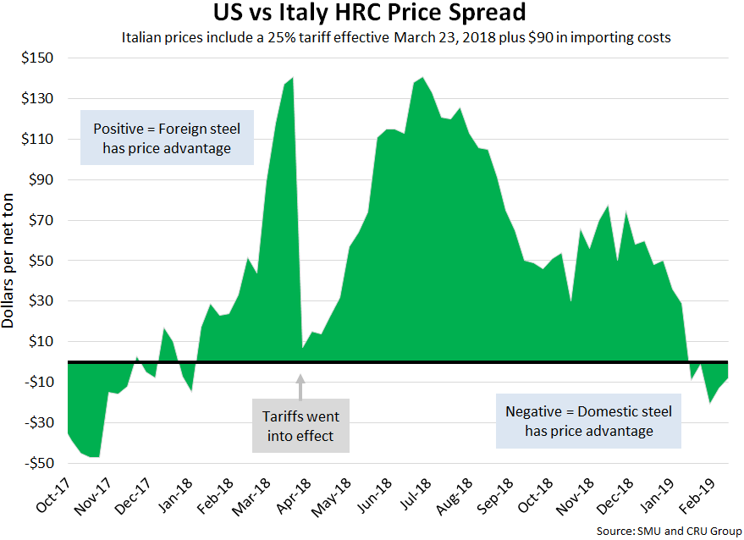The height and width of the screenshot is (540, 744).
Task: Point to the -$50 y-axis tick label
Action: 36,463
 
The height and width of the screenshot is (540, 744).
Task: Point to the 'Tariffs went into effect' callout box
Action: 300,427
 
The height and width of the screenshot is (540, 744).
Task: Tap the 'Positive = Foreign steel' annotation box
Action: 166,138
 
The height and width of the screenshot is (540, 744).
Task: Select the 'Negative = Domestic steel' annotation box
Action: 588,421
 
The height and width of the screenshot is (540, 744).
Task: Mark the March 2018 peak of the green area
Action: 292,79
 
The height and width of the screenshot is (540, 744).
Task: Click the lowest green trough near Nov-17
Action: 96,455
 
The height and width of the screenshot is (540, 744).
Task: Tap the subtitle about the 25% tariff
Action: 395,37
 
